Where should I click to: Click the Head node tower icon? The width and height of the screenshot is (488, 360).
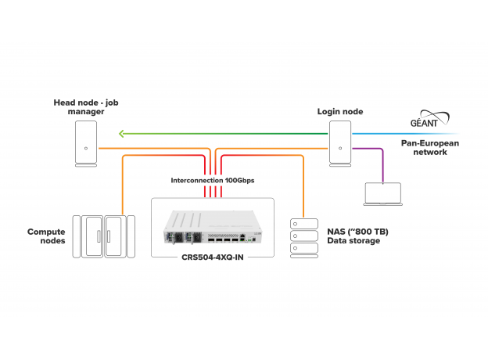tap(87, 142)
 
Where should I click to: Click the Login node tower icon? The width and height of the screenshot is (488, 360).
tap(339, 142)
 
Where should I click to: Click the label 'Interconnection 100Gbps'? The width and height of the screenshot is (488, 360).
tap(211, 180)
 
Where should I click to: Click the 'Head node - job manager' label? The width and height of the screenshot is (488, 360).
tap(87, 107)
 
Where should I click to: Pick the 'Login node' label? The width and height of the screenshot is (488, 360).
tap(339, 112)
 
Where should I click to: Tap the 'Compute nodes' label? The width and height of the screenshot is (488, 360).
tap(46, 236)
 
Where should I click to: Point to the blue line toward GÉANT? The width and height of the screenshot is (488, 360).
tap(407, 134)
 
